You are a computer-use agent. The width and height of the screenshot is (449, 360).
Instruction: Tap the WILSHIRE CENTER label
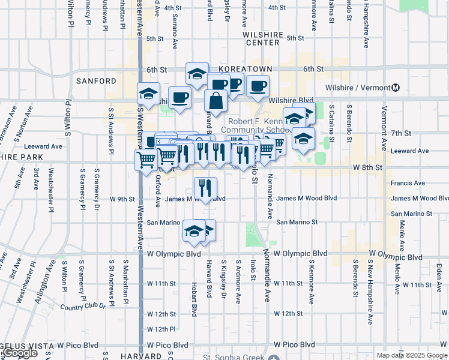[x=263, y=39]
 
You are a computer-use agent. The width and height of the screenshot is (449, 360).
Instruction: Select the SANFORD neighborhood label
[x=96, y=80]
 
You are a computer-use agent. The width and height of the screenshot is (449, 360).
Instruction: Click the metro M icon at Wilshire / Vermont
[x=395, y=88]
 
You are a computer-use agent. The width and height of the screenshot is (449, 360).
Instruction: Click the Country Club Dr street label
[x=83, y=307]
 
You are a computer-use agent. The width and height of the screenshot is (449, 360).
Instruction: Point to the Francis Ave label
[x=408, y=183]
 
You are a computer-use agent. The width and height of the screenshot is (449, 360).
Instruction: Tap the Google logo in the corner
[x=20, y=353]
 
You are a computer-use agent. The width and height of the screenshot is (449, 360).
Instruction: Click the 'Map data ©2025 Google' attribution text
[x=412, y=355]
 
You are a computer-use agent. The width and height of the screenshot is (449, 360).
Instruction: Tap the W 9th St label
[x=122, y=199]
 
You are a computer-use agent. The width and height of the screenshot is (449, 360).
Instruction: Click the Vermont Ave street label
[x=384, y=128]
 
